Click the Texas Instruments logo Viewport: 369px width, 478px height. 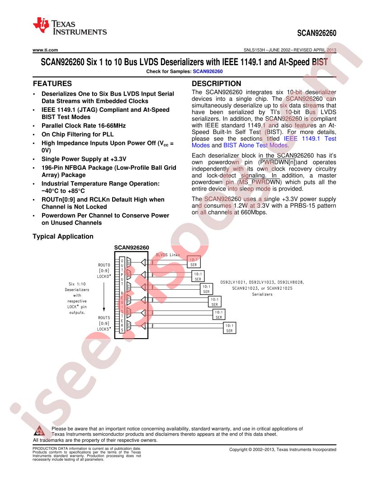tap(70, 27)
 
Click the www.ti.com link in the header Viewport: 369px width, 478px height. tap(45, 50)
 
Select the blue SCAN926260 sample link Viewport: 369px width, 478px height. tap(208, 72)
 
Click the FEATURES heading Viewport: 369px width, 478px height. tap(52, 84)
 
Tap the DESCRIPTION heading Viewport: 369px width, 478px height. tap(216, 84)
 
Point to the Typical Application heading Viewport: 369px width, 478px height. tap(63, 237)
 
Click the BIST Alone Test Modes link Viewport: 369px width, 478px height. tap(256, 145)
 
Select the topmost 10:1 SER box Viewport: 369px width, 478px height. tap(194, 262)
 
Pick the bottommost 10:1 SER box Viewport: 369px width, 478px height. tap(229, 328)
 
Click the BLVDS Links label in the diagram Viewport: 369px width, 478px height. tap(168, 255)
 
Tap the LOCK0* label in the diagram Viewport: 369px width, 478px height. tap(104, 277)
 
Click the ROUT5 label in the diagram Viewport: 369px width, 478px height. tap(104, 318)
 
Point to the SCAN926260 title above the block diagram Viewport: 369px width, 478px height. tap(132, 248)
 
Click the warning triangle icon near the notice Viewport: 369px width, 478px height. tap(39, 431)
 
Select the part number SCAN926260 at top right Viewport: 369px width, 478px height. tap(317, 33)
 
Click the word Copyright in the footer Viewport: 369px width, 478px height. tap(239, 449)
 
